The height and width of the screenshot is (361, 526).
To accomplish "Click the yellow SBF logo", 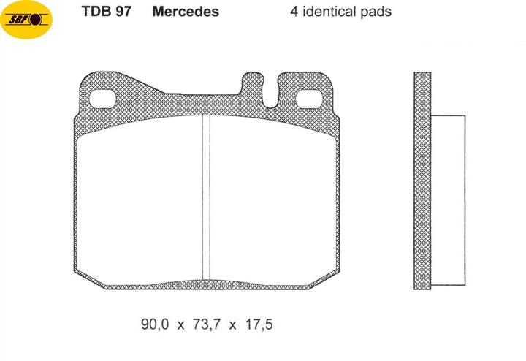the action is [x=26, y=20].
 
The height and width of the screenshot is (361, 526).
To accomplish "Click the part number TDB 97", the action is [x=107, y=12].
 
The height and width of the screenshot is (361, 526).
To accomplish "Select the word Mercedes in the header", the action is [x=186, y=12].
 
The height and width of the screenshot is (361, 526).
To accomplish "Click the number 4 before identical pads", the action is [x=294, y=12].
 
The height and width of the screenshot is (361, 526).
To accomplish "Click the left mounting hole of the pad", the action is [x=102, y=99].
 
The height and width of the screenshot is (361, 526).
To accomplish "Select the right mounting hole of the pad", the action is [x=309, y=99].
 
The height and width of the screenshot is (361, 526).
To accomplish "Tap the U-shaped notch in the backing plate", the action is [x=270, y=93].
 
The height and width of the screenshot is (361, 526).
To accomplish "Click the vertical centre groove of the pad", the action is [x=206, y=198].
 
